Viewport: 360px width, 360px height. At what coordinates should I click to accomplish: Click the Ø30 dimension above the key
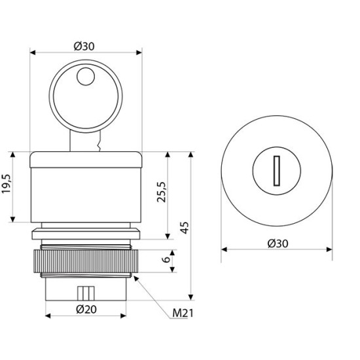click(x=84, y=46)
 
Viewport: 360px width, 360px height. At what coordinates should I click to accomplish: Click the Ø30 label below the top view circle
click(x=278, y=243)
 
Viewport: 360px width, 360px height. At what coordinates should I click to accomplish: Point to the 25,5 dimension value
click(x=161, y=192)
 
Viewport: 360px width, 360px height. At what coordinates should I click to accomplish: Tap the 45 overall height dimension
click(x=185, y=228)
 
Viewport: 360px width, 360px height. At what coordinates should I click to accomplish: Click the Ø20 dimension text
click(x=86, y=309)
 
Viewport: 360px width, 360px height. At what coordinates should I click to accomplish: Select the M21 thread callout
click(x=183, y=313)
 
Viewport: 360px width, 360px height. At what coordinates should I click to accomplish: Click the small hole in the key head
click(x=86, y=77)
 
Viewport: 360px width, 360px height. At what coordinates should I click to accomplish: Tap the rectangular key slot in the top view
click(x=277, y=171)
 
